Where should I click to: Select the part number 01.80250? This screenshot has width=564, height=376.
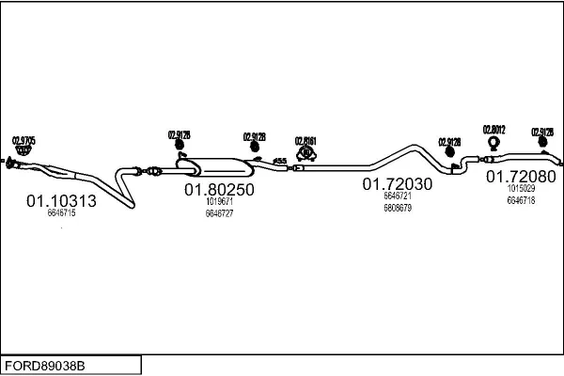pos(219,189)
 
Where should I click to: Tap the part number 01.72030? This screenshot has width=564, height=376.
pos(398,184)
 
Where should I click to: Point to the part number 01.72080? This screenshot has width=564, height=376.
pos(521,176)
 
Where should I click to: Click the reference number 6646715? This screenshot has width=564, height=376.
pos(61,213)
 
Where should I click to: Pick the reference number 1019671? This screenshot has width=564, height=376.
pos(219,201)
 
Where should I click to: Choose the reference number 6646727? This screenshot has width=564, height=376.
pos(219,213)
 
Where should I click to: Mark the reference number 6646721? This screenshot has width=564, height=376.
pos(398,196)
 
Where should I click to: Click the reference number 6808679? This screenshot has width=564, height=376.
pos(398,208)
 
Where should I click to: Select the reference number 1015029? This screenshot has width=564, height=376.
pos(521,189)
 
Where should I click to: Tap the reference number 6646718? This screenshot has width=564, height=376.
pos(521,200)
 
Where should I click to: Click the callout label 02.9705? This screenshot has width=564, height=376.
pos(23,141)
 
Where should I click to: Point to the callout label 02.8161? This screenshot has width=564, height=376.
pos(306,141)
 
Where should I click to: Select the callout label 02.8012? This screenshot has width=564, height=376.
pos(494,130)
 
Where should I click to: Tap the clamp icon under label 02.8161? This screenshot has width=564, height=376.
pos(306,153)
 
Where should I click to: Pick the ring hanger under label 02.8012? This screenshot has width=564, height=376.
pos(493,144)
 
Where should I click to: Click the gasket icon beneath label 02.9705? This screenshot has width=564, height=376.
pos(23,154)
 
